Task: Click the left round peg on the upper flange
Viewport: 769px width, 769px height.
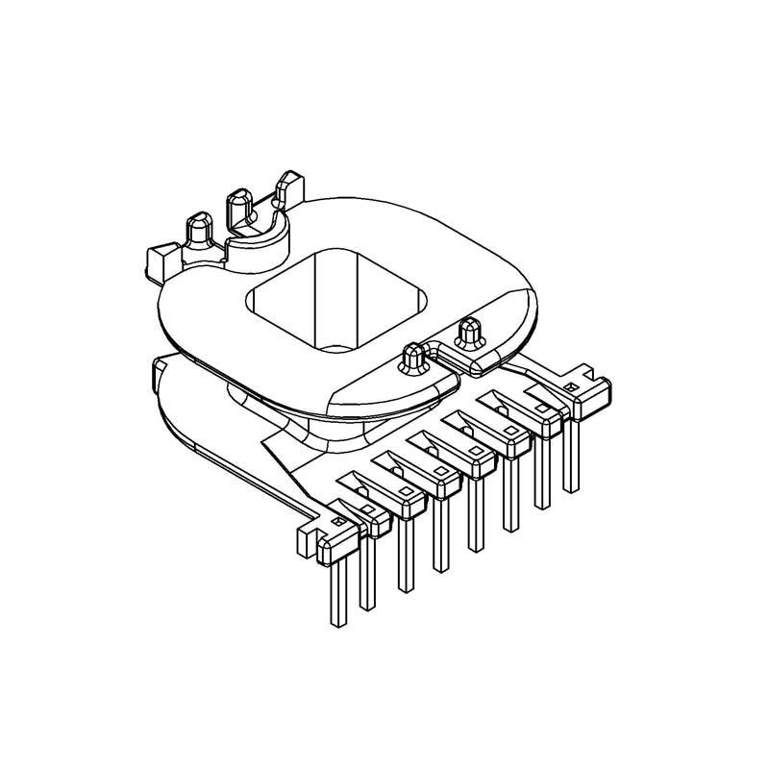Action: [x=412, y=358]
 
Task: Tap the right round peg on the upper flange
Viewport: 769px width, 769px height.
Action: [x=470, y=332]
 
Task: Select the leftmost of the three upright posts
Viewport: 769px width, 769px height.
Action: [x=198, y=229]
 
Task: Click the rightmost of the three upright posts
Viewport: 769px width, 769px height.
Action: [x=287, y=187]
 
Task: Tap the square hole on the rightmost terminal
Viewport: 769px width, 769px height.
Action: [x=570, y=388]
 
